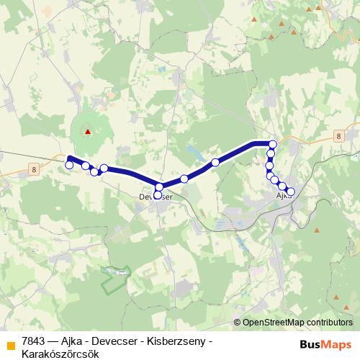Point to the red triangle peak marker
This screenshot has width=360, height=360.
[x=88, y=132]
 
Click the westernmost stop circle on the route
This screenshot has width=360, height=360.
[x=69, y=165]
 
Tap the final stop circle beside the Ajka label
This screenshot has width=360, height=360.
[x=290, y=192]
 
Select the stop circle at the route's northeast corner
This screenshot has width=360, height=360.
[x=272, y=144]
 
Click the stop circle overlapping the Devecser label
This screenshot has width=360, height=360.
[x=158, y=194]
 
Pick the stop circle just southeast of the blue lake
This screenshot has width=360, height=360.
[x=215, y=163]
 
